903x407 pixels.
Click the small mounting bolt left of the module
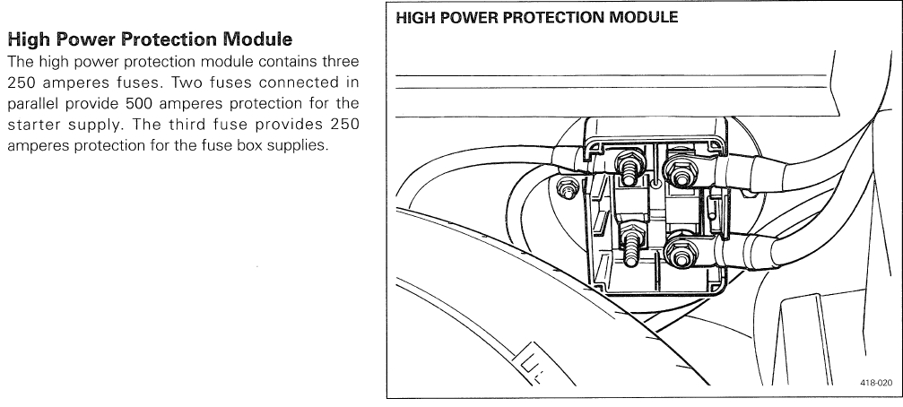pyautogui.click(x=568, y=189)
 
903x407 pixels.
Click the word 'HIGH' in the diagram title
pyautogui.click(x=416, y=18)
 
